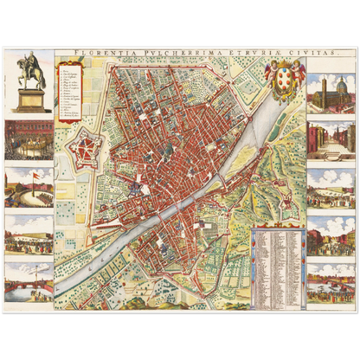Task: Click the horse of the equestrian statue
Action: tap(31, 69)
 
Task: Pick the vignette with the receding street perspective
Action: tap(330, 141)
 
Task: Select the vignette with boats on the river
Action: tap(330, 282)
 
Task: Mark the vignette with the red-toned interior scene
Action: tap(29, 138)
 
